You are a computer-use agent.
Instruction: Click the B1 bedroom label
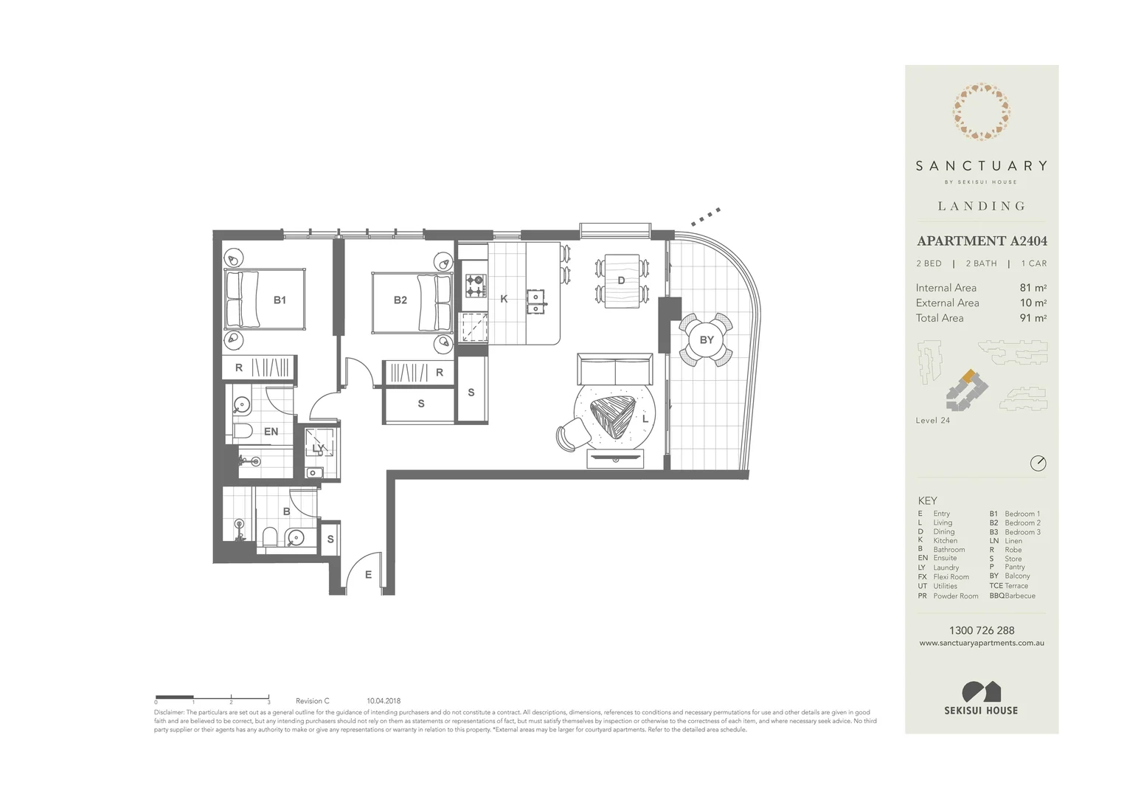[x=280, y=300]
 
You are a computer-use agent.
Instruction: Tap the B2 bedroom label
[x=400, y=300]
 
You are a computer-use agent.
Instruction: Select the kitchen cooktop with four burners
[x=476, y=286]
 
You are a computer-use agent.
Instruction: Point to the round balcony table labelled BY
[x=706, y=339]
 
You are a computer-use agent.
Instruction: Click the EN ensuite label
[x=271, y=431]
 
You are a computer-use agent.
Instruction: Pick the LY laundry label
[x=318, y=448]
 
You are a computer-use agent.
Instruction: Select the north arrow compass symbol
[x=1038, y=463]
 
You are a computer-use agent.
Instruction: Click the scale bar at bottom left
[x=212, y=697]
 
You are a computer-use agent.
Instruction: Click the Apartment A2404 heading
[x=981, y=241]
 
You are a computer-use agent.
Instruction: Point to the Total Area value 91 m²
[x=1033, y=318]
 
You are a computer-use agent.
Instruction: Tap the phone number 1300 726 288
[x=981, y=630]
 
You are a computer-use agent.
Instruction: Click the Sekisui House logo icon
[x=981, y=691]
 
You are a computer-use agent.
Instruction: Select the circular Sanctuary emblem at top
[x=981, y=112]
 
